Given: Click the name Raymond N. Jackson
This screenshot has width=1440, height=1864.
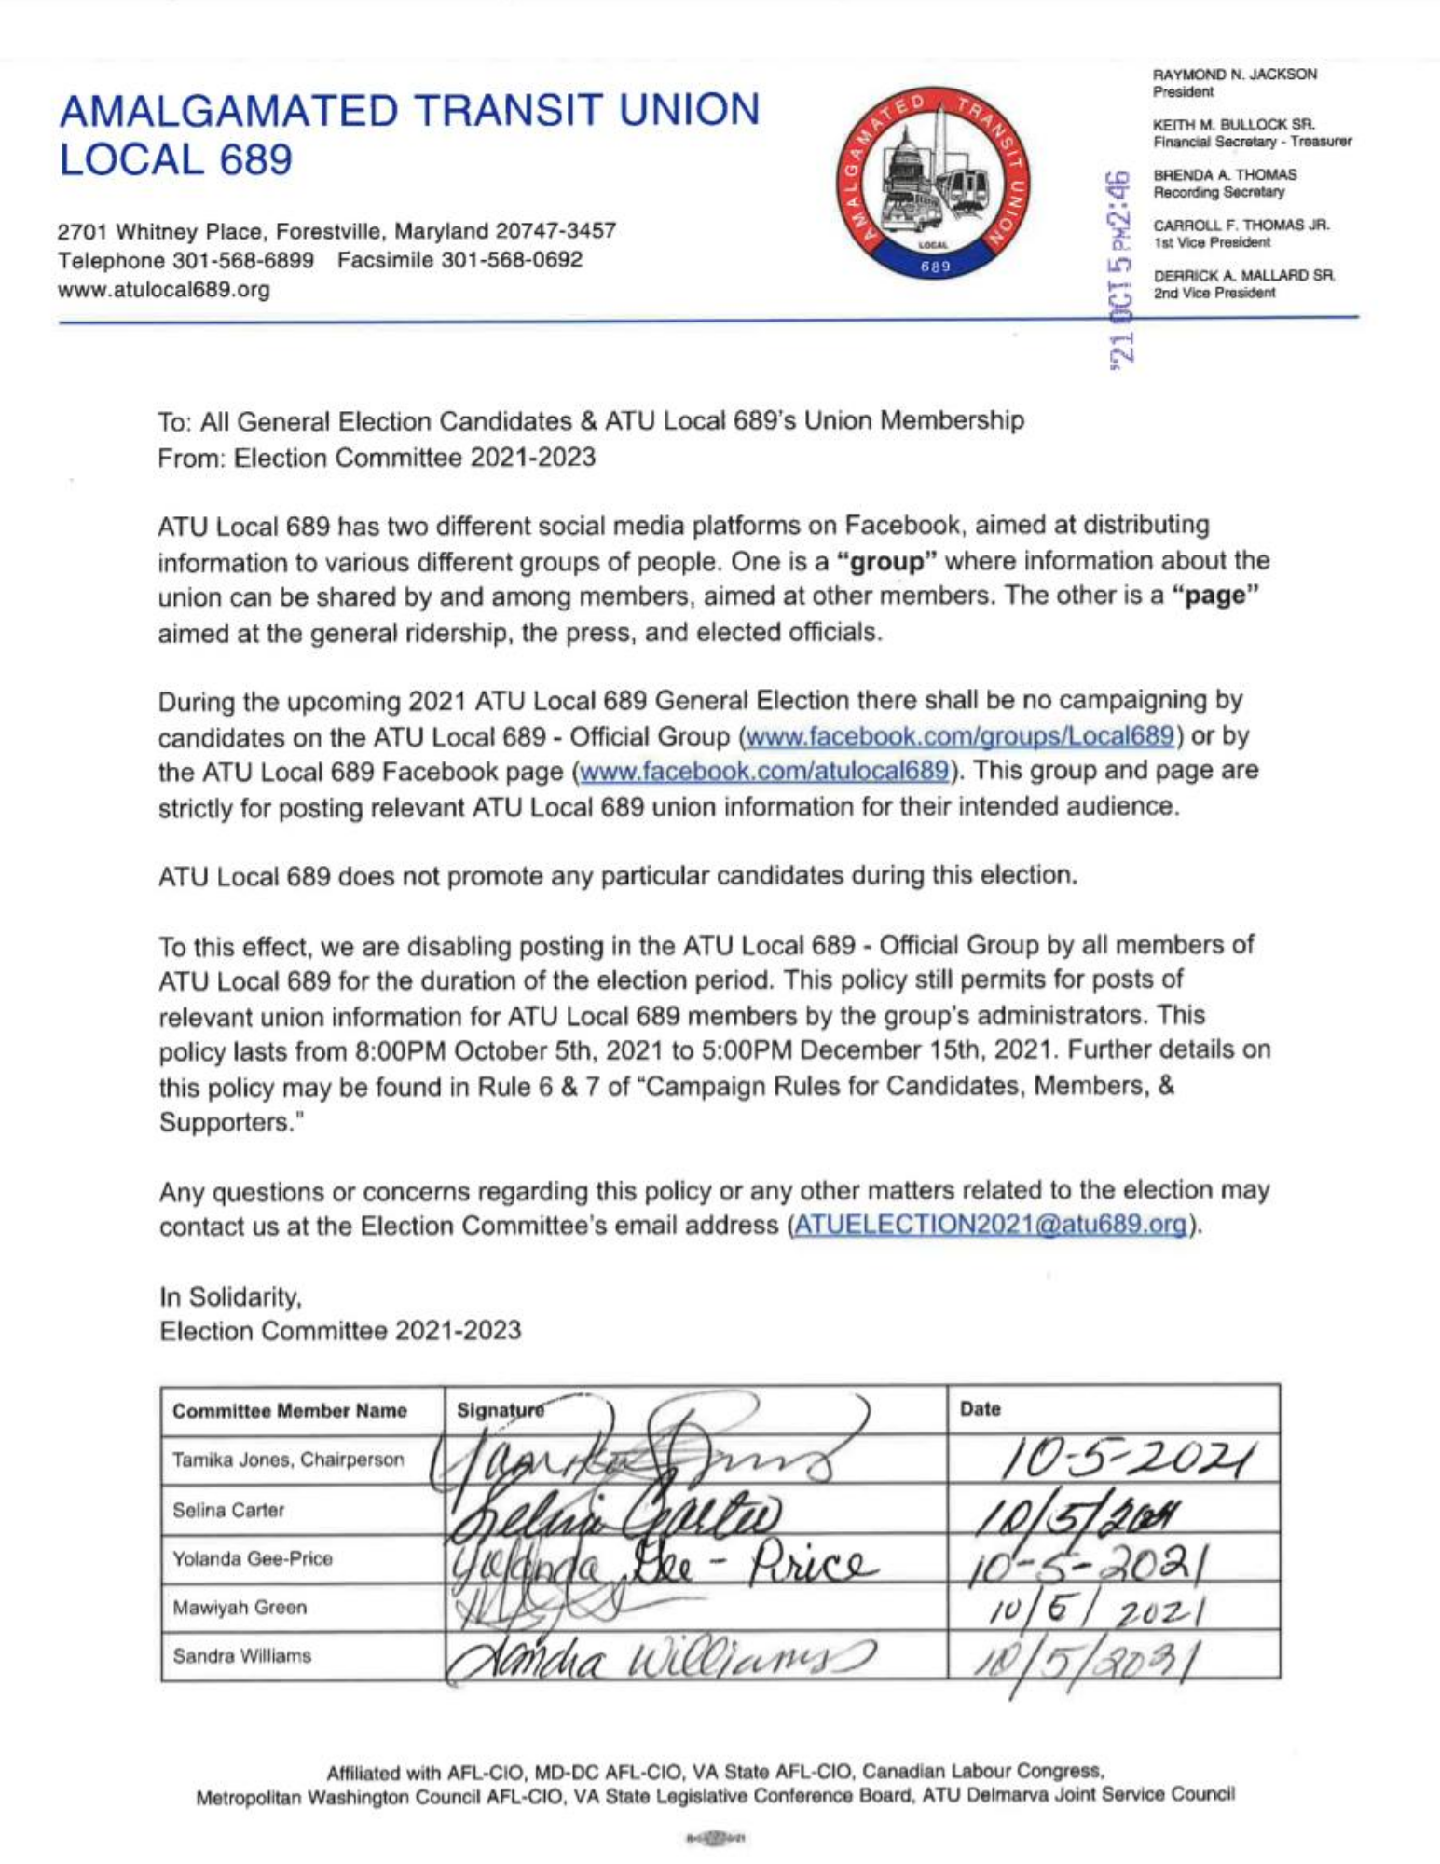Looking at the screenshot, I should [1235, 75].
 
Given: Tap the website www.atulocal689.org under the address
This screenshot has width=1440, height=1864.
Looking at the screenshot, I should [164, 290].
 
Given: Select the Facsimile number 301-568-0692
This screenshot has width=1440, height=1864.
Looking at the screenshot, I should [460, 260].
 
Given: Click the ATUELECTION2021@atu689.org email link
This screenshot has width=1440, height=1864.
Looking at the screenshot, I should [991, 1225].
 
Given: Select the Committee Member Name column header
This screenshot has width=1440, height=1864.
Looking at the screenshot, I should [289, 1411].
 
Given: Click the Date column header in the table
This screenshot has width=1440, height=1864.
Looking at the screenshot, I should [980, 1409].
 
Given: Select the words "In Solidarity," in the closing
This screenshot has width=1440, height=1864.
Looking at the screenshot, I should [230, 1297].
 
